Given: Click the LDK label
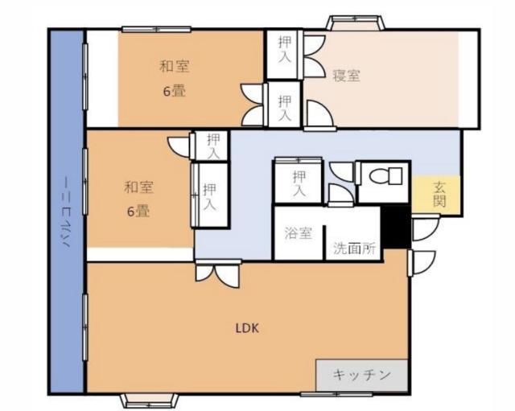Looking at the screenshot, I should point(247,327).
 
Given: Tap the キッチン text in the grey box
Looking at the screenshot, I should point(362,375).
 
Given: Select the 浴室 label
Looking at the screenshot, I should point(298,234).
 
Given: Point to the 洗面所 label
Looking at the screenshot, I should point(354,249).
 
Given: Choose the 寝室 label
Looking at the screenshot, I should point(347,76).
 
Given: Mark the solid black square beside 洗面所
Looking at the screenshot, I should point(395,227).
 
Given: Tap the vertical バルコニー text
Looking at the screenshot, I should point(67,213).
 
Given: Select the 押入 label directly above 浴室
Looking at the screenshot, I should point(299,183).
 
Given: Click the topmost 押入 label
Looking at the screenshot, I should point(284,51).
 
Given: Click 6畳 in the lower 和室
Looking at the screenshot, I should point(138,212).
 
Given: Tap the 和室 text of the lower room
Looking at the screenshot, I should point(138,187).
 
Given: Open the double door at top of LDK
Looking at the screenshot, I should point(217,271).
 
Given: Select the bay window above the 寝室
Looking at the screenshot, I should point(354,22).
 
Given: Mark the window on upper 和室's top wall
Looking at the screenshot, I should point(156,30).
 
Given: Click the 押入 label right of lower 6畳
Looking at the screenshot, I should point(210,197).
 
